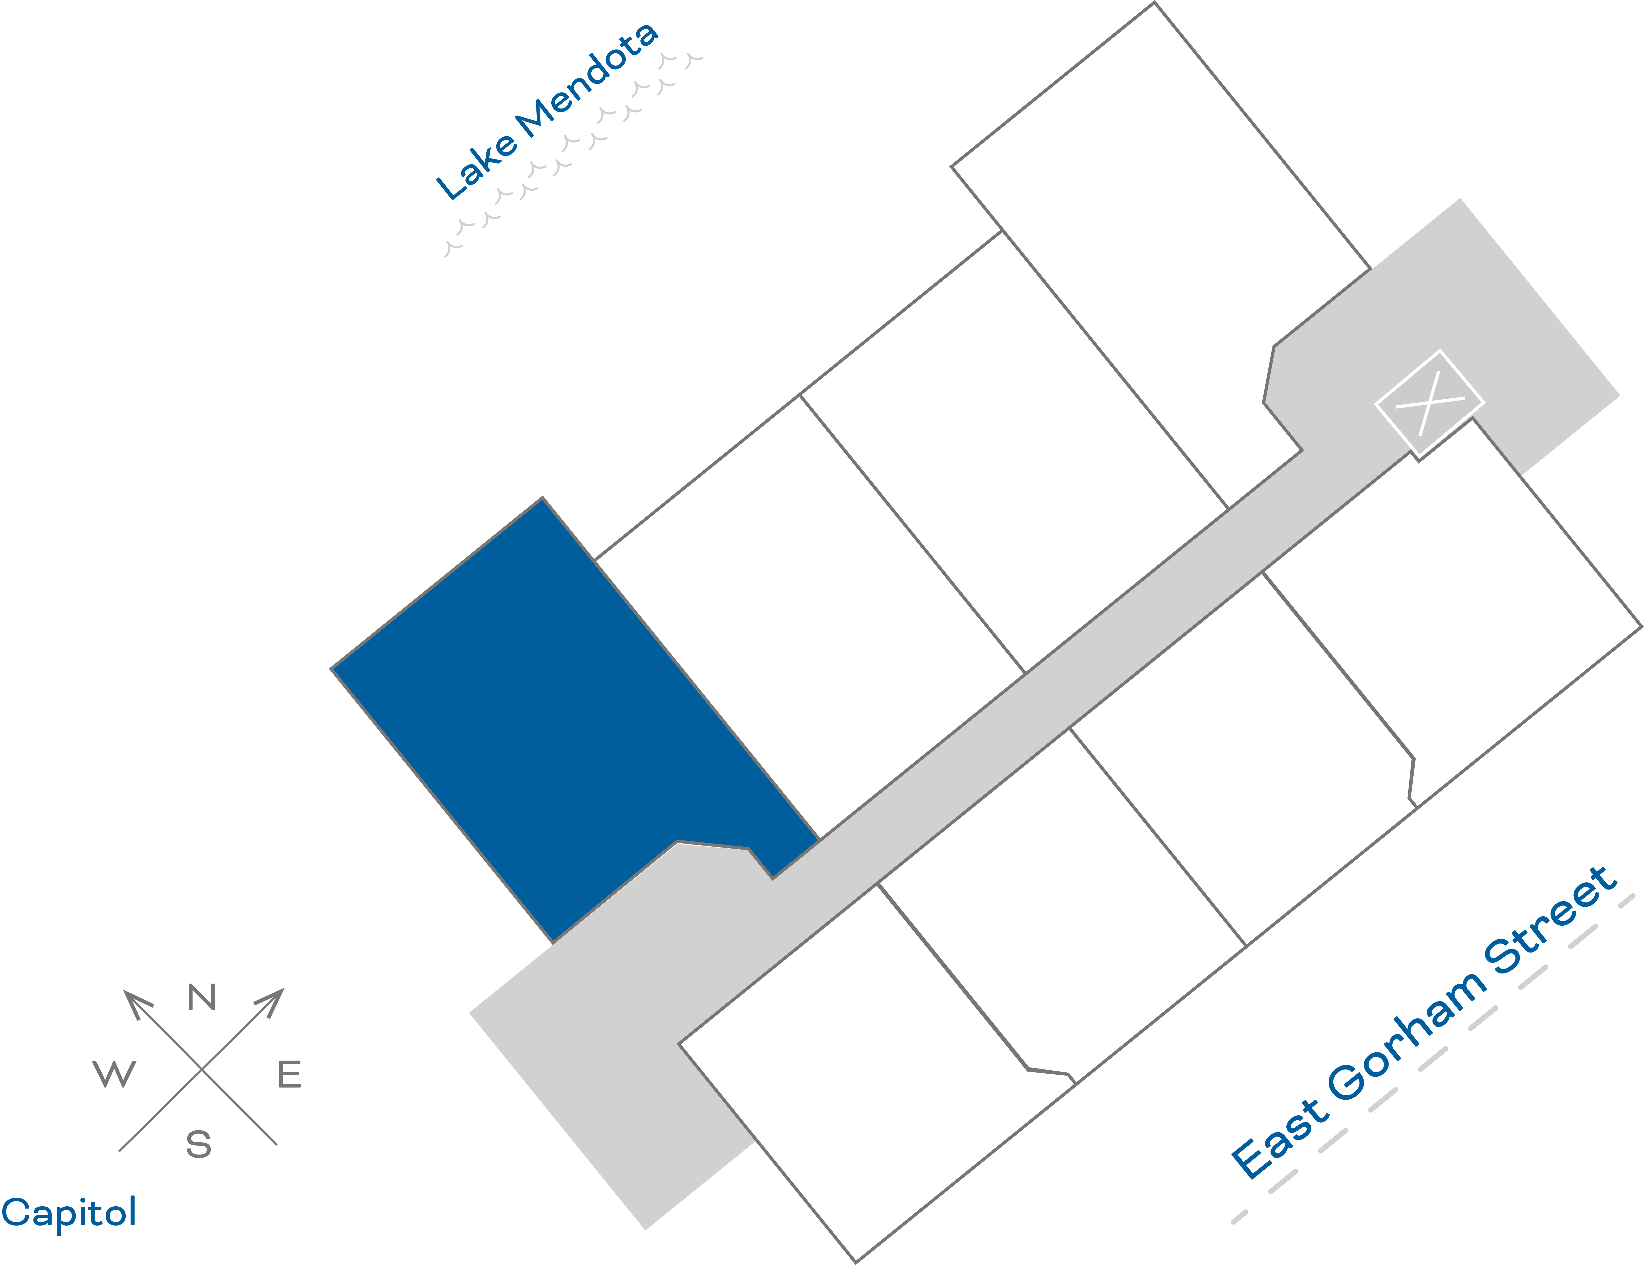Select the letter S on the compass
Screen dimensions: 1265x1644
tap(199, 1144)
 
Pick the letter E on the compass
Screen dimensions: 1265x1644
tap(290, 1074)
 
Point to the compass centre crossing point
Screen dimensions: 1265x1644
tap(202, 1069)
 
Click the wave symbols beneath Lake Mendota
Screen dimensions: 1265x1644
tap(572, 150)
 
